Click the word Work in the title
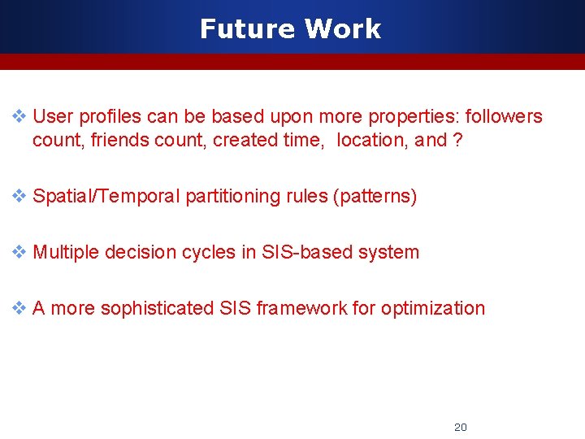(343, 29)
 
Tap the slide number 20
(460, 427)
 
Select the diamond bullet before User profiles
(19, 116)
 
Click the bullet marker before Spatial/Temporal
(19, 196)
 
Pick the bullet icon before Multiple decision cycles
(19, 252)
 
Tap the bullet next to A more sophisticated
(19, 308)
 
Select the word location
(372, 140)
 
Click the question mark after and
(458, 140)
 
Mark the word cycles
(209, 252)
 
